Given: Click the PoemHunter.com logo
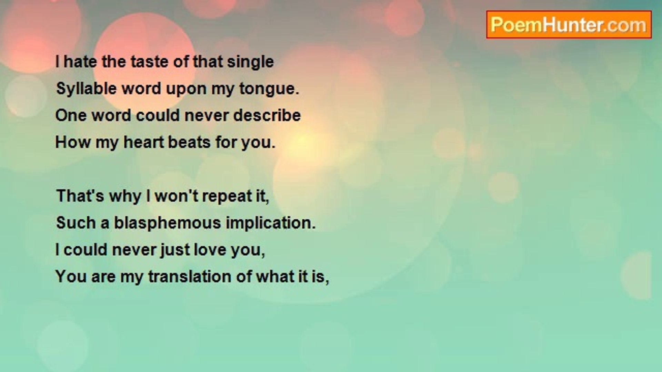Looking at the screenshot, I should pyautogui.click(x=569, y=25).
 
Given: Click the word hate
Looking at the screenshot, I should pyautogui.click(x=80, y=62).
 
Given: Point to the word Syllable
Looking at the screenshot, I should pyautogui.click(x=86, y=89).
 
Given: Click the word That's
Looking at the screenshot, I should pyautogui.click(x=80, y=196).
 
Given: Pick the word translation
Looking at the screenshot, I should pyautogui.click(x=189, y=277).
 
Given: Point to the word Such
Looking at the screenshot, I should pyautogui.click(x=76, y=223).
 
